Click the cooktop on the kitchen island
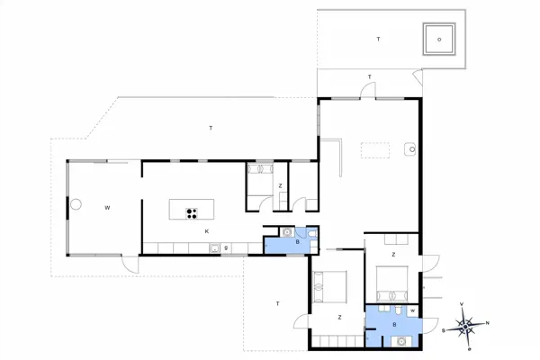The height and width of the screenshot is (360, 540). point(192,212)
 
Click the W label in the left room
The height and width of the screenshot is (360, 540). point(106,208)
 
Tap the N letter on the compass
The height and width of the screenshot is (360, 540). point(488,322)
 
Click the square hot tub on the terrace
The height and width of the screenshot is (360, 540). point(439,39)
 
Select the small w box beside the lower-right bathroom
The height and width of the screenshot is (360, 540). point(412,311)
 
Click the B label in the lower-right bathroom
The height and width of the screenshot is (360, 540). point(394,324)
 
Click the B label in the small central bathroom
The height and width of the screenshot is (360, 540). point(273,242)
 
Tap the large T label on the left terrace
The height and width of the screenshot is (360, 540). point(211,128)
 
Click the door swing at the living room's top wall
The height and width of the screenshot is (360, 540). point(368,88)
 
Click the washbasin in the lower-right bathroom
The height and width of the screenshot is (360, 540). point(399,340)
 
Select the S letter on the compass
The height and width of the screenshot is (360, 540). point(443,330)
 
